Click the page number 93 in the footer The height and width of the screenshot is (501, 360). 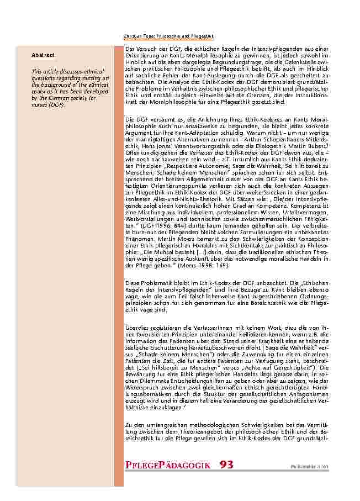226,465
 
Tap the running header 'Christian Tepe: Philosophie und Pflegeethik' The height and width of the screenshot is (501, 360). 168,36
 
